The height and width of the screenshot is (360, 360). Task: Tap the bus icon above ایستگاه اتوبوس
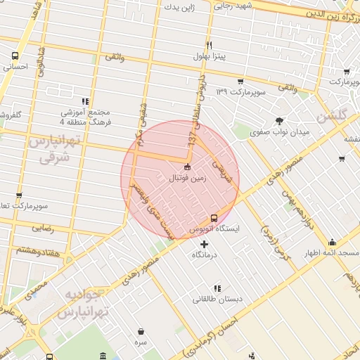214,218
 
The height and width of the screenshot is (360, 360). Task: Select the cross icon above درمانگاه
205,244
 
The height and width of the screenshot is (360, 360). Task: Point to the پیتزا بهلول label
210,56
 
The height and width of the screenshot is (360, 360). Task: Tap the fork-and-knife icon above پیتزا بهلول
209,44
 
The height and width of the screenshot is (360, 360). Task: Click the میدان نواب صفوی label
281,131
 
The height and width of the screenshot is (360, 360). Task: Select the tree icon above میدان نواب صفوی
279,120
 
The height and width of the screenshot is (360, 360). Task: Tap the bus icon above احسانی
15,56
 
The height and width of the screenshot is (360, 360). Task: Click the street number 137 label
191,139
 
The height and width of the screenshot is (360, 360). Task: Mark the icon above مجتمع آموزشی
86,101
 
